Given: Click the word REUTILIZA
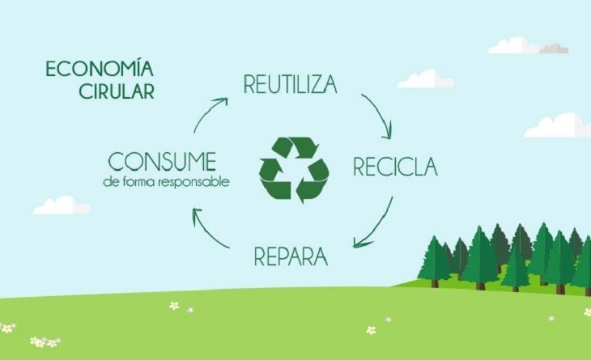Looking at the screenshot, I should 290,84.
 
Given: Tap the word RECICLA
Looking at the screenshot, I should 394,167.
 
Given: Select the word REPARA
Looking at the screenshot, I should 291,257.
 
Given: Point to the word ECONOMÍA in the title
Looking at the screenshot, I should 100,68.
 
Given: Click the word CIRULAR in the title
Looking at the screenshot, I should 117,91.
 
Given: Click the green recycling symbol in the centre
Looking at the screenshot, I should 294,169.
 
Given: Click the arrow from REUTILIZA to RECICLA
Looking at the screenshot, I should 378,115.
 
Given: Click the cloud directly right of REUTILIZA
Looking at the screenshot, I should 426,79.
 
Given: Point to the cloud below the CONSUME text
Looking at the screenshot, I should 62,205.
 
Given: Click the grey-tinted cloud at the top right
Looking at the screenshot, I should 555,48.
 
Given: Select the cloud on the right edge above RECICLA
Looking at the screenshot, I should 558,126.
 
